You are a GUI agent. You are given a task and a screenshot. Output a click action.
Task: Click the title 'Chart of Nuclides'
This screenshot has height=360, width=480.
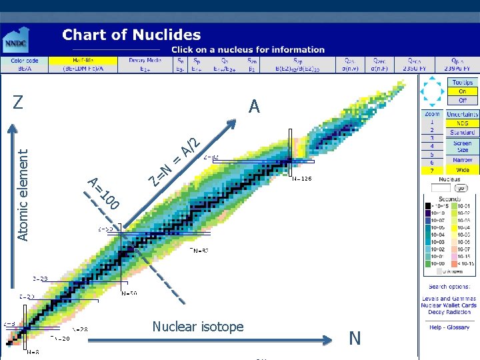tap(131, 35)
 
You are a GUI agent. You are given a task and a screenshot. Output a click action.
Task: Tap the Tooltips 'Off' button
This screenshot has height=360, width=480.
tap(462, 100)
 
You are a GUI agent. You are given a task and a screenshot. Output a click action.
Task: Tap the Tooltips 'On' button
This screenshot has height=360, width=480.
tap(462, 91)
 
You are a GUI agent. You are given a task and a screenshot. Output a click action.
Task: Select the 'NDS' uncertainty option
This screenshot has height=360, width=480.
tap(462, 123)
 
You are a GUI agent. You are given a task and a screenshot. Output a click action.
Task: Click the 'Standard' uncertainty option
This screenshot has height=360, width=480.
tap(462, 133)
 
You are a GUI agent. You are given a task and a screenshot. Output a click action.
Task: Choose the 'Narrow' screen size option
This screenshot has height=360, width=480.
tap(462, 160)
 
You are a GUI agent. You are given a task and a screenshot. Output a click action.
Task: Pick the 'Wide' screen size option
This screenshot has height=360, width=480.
tap(462, 170)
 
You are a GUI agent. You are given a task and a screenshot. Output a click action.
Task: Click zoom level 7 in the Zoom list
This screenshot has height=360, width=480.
tap(432, 171)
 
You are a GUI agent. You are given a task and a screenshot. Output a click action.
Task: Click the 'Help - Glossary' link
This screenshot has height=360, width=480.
tap(449, 327)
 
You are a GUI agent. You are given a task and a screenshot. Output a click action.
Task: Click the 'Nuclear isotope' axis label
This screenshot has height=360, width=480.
tap(198, 327)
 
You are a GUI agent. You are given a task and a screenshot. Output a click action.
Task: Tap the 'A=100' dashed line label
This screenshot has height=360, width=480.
tap(104, 193)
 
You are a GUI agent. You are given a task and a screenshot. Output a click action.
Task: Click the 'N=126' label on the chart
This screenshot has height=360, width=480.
tap(302, 179)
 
